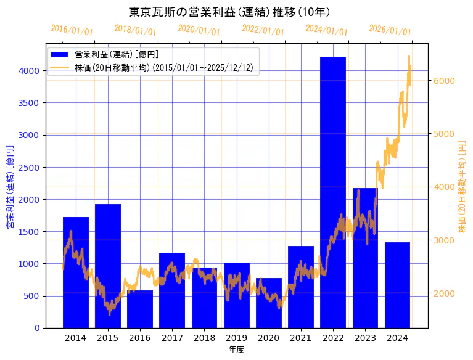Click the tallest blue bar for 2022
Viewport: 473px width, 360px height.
(333, 191)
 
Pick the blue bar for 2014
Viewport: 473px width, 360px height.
(76, 272)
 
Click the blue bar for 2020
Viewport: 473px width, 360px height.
(268, 303)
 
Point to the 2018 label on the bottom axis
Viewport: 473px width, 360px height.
(204, 338)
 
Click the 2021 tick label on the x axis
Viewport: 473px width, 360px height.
(300, 338)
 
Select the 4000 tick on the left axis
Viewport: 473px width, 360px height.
(30, 71)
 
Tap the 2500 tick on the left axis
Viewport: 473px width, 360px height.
(30, 167)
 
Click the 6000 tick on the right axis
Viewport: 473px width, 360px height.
(443, 81)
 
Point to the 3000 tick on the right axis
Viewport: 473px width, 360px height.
(443, 240)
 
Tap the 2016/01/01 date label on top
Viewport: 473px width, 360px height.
(72, 30)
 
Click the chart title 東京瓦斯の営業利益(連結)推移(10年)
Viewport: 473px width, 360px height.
(229, 12)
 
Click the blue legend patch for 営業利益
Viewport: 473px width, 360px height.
(60, 55)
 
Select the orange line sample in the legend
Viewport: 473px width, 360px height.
(60, 67)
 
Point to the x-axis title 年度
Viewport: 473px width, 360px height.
(236, 350)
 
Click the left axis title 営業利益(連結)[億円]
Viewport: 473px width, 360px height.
(9, 187)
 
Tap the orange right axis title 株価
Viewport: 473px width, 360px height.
(462, 187)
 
